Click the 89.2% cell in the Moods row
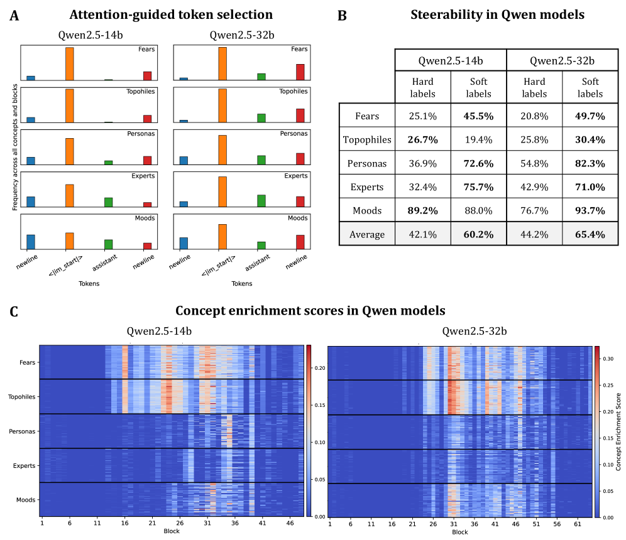[x=422, y=210]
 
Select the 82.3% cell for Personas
[x=589, y=163]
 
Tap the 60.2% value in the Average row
[x=478, y=234]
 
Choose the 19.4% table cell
[x=478, y=139]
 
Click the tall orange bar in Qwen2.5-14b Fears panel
[x=70, y=63]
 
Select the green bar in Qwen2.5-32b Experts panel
[x=261, y=200]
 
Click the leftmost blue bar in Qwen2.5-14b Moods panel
[x=31, y=242]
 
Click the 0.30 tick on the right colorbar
[x=605, y=359]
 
